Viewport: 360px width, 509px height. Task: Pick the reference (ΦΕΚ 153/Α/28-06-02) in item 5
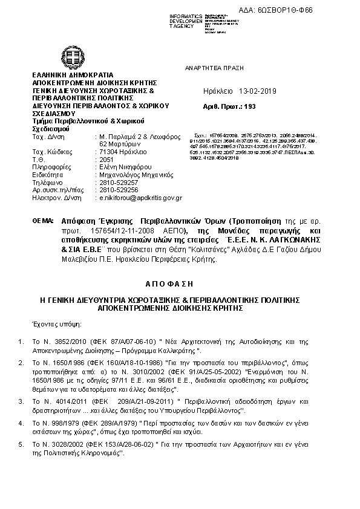[114, 444]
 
